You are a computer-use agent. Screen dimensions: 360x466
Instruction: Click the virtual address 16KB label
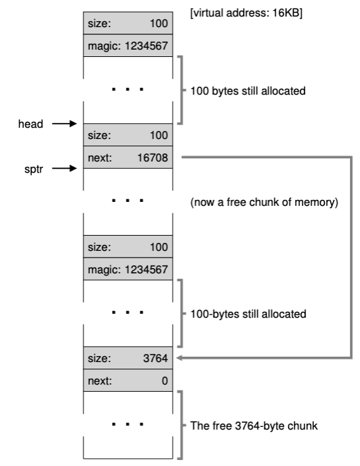coord(246,13)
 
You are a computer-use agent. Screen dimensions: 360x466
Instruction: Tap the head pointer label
coord(30,124)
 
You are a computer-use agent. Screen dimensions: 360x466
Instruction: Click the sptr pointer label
coord(34,169)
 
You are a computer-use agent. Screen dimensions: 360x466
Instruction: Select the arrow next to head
coord(64,123)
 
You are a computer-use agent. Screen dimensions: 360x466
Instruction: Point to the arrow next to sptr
coord(64,169)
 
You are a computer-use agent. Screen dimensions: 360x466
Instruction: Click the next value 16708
coord(153,158)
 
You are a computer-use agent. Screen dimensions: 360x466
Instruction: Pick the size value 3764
coord(156,358)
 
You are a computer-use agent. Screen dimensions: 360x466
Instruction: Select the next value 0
coord(165,381)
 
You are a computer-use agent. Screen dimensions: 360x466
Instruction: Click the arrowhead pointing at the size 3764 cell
coord(179,358)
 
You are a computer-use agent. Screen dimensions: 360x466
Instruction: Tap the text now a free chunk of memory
coord(264,202)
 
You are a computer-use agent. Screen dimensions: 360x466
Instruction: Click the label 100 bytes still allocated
coord(247,91)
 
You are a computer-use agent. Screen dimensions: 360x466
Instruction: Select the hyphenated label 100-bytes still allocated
coord(248,314)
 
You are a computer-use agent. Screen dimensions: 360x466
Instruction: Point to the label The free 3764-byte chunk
coord(254,426)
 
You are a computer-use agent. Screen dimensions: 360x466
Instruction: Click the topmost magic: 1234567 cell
coord(128,46)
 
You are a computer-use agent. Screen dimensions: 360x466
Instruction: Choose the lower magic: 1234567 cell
coord(128,269)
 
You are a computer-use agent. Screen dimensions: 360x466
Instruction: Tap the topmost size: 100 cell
coord(128,23)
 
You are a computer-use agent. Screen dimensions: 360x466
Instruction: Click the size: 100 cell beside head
coord(128,134)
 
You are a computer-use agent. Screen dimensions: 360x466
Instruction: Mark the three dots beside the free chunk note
coord(128,201)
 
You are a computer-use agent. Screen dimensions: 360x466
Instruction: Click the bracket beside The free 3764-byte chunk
coord(181,425)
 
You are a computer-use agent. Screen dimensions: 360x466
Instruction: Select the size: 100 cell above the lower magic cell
coord(128,246)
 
